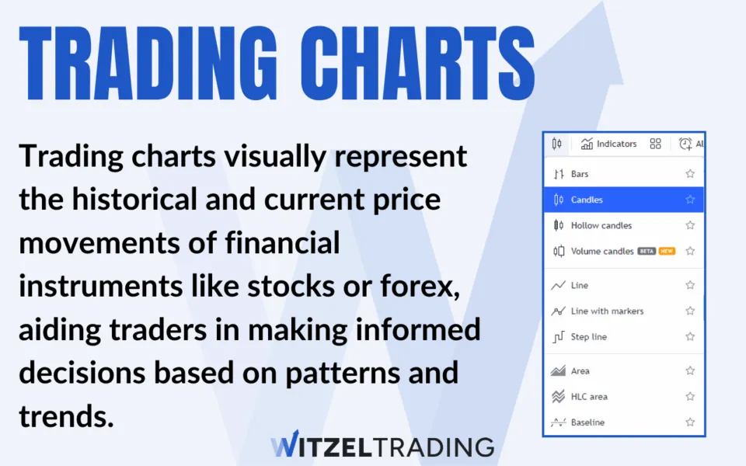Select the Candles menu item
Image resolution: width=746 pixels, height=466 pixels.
587,200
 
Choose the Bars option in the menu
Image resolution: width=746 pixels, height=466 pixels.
580,174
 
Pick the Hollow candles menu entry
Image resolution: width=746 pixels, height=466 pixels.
601,225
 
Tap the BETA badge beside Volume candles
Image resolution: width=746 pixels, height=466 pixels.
647,251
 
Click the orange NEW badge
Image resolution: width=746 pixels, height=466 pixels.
667,251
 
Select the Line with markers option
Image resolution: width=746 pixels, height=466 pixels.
607,311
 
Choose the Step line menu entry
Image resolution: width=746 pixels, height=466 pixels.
588,336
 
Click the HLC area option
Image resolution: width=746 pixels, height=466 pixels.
588,396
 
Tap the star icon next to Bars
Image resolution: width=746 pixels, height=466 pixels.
690,174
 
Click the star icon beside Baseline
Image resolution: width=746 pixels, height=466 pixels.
690,422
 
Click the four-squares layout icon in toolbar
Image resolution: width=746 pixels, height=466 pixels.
655,144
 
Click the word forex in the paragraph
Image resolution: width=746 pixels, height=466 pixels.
423,287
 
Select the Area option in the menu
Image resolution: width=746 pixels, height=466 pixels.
580,370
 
